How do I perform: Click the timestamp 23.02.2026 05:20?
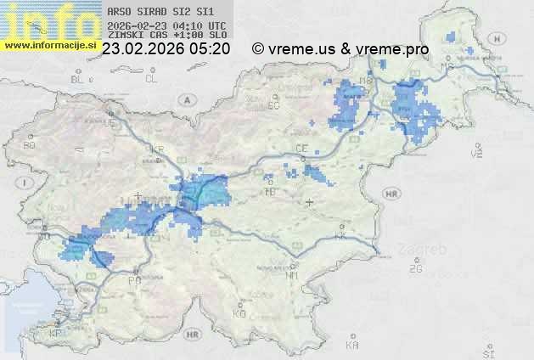coord(166,49)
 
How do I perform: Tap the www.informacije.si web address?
coord(50,45)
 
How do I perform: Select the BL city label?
coord(78,80)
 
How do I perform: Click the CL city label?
coord(151,79)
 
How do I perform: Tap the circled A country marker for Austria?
coord(185,99)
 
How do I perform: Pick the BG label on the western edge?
coord(30,145)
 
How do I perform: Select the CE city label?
coord(301,149)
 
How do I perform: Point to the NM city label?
coord(293,275)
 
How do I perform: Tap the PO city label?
coord(133,279)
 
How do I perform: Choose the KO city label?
coord(239,314)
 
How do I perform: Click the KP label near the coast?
coord(56,334)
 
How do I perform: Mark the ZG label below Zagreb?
coord(415,269)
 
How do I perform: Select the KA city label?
coord(352,345)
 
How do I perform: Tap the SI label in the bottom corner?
coord(487,352)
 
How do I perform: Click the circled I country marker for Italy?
coord(26,183)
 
